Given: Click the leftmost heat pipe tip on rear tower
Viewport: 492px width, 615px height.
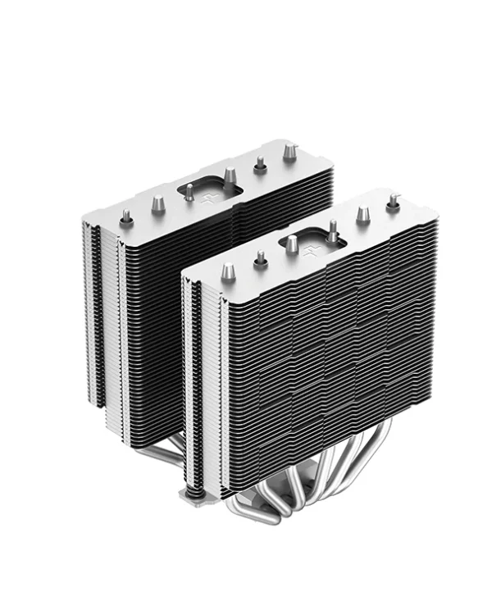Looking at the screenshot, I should [x=125, y=218].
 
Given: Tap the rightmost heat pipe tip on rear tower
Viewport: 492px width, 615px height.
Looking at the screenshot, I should [x=289, y=152].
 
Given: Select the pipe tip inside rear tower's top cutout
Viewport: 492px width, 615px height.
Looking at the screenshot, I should [x=189, y=193].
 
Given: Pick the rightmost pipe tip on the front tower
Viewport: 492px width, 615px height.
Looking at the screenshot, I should [x=393, y=199].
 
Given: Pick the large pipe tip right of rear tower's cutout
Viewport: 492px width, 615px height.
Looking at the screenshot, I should [x=230, y=175].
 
